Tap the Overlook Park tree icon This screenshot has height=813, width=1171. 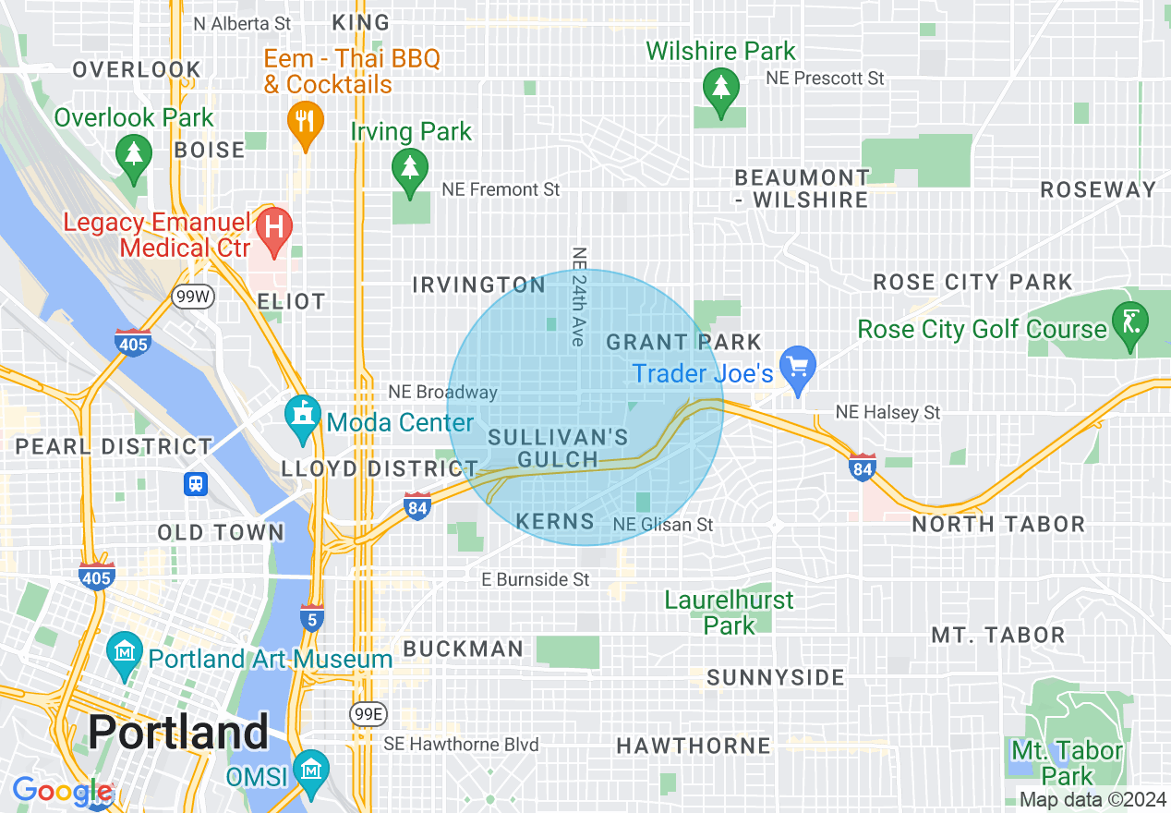click(x=135, y=153)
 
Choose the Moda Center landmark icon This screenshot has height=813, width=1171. click(x=302, y=416)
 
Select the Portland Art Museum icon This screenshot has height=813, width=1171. click(x=124, y=652)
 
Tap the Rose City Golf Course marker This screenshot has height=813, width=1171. click(x=1130, y=322)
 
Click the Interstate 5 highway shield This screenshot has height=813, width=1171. click(x=312, y=618)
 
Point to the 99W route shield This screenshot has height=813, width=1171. click(x=192, y=297)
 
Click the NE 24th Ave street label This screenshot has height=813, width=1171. click(x=579, y=297)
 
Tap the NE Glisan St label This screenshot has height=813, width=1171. click(x=663, y=525)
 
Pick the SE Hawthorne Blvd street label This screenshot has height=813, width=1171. click(x=461, y=744)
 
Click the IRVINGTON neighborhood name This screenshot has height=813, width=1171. click(x=478, y=285)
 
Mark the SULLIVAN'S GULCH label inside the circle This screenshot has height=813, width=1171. click(x=558, y=448)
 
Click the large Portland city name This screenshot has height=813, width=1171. click(x=178, y=733)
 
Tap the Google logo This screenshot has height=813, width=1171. click(x=61, y=792)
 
